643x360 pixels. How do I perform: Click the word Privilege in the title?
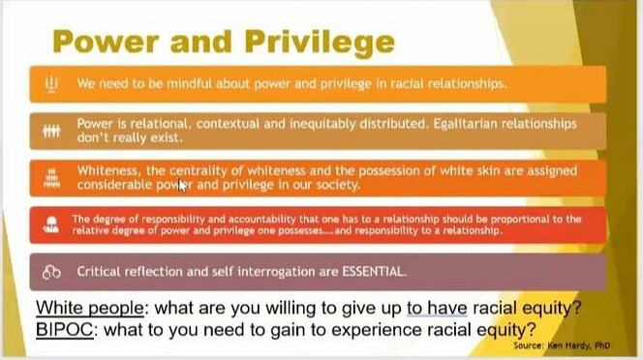click(316, 42)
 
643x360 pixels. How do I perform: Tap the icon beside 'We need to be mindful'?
click(51, 83)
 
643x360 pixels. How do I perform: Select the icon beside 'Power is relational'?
click(51, 131)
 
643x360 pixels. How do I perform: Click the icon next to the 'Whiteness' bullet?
click(51, 178)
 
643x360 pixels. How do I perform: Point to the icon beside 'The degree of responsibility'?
click(51, 225)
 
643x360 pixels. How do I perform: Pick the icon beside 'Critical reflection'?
click(51, 272)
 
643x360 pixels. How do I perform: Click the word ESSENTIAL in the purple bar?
click(372, 272)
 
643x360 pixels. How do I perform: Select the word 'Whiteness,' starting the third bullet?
click(108, 171)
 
